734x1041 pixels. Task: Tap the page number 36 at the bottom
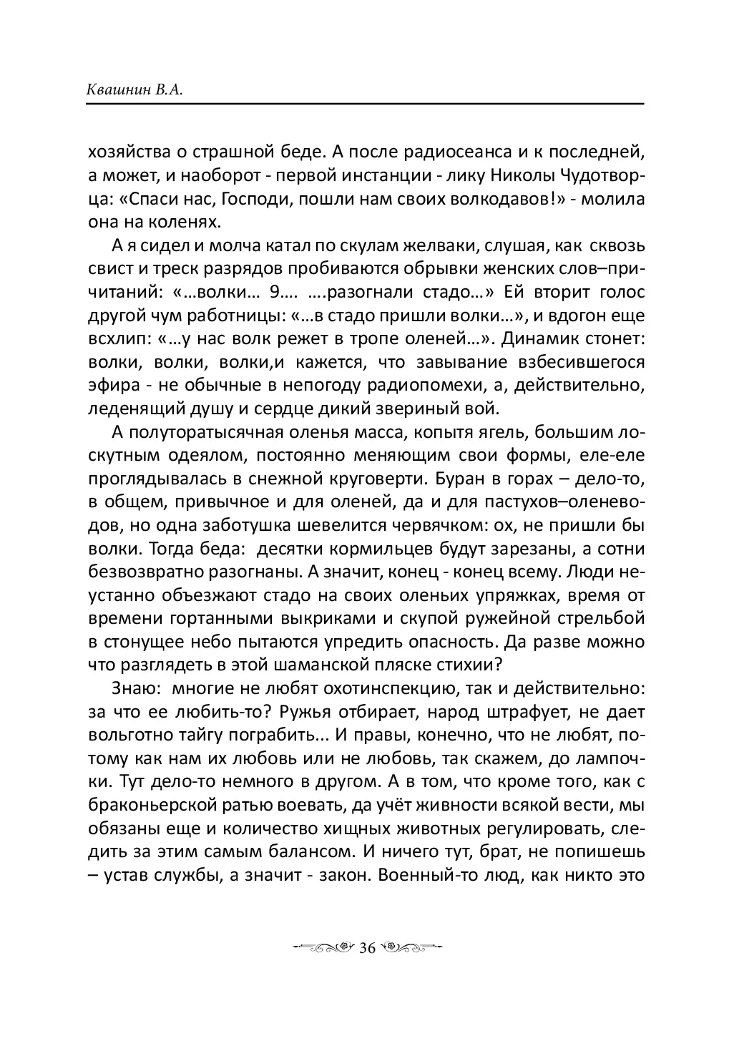pos(367,948)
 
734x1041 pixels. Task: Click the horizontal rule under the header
pos(366,105)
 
